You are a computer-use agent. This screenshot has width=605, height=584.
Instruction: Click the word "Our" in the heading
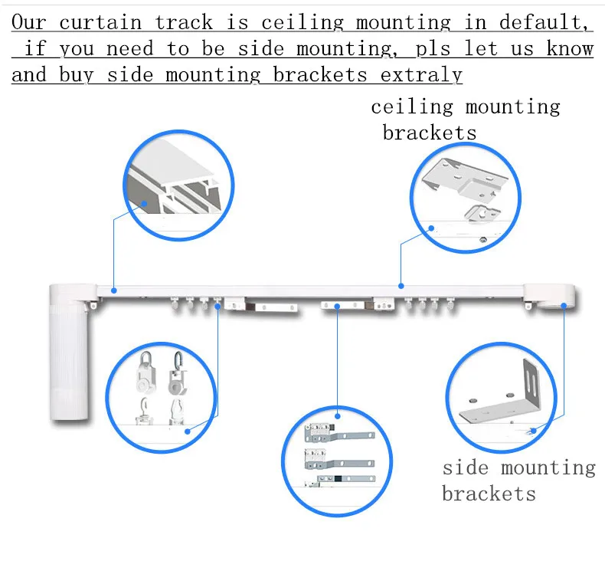[29, 23]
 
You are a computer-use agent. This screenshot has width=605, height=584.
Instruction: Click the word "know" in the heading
[571, 49]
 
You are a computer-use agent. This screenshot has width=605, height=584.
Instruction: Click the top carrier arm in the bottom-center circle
[338, 435]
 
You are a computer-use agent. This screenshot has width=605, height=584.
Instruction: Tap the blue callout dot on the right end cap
[564, 305]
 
